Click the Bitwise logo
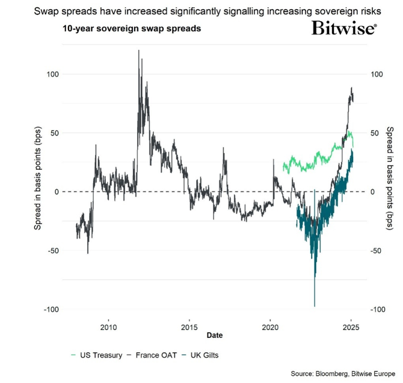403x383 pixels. pyautogui.click(x=344, y=28)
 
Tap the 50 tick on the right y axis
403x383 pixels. pyautogui.click(x=376, y=133)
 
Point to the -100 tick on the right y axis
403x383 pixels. pyautogui.click(x=378, y=310)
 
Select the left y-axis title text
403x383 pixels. pyautogui.click(x=37, y=191)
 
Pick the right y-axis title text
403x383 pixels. pyautogui.click(x=390, y=191)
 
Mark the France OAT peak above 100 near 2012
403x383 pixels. pyautogui.click(x=139, y=51)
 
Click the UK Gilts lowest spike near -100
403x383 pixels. pyautogui.click(x=314, y=305)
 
